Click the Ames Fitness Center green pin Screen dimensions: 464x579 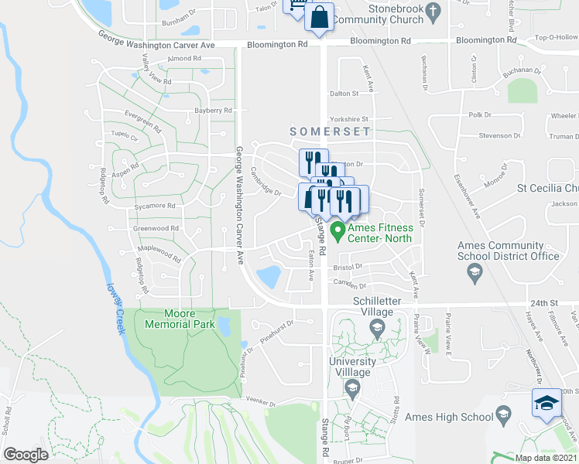coord(337,230)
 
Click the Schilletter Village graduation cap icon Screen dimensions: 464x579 coord(377,329)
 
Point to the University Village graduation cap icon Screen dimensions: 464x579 coord(352,388)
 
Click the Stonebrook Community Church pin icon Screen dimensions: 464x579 coord(434,12)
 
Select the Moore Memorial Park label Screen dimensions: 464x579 coord(178,319)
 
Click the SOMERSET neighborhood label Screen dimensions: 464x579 coord(331,132)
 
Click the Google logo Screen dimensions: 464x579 coord(26,454)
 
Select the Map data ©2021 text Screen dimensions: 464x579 coord(545,458)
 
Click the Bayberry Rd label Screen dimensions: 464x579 coord(214,111)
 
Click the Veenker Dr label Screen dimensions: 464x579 coord(262,402)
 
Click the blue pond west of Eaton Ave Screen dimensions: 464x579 coord(269,275)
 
